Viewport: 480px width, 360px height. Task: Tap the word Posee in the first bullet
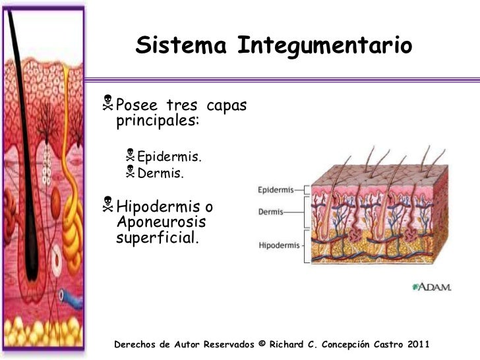click(x=136, y=105)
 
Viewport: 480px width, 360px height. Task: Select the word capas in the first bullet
click(x=227, y=105)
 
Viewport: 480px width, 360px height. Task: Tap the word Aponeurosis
click(x=161, y=222)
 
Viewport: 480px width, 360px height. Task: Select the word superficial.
click(x=156, y=237)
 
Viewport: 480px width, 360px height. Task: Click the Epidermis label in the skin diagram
click(x=275, y=189)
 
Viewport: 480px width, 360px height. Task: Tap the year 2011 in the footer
click(x=417, y=344)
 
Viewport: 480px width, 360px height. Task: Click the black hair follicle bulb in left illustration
click(x=29, y=264)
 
